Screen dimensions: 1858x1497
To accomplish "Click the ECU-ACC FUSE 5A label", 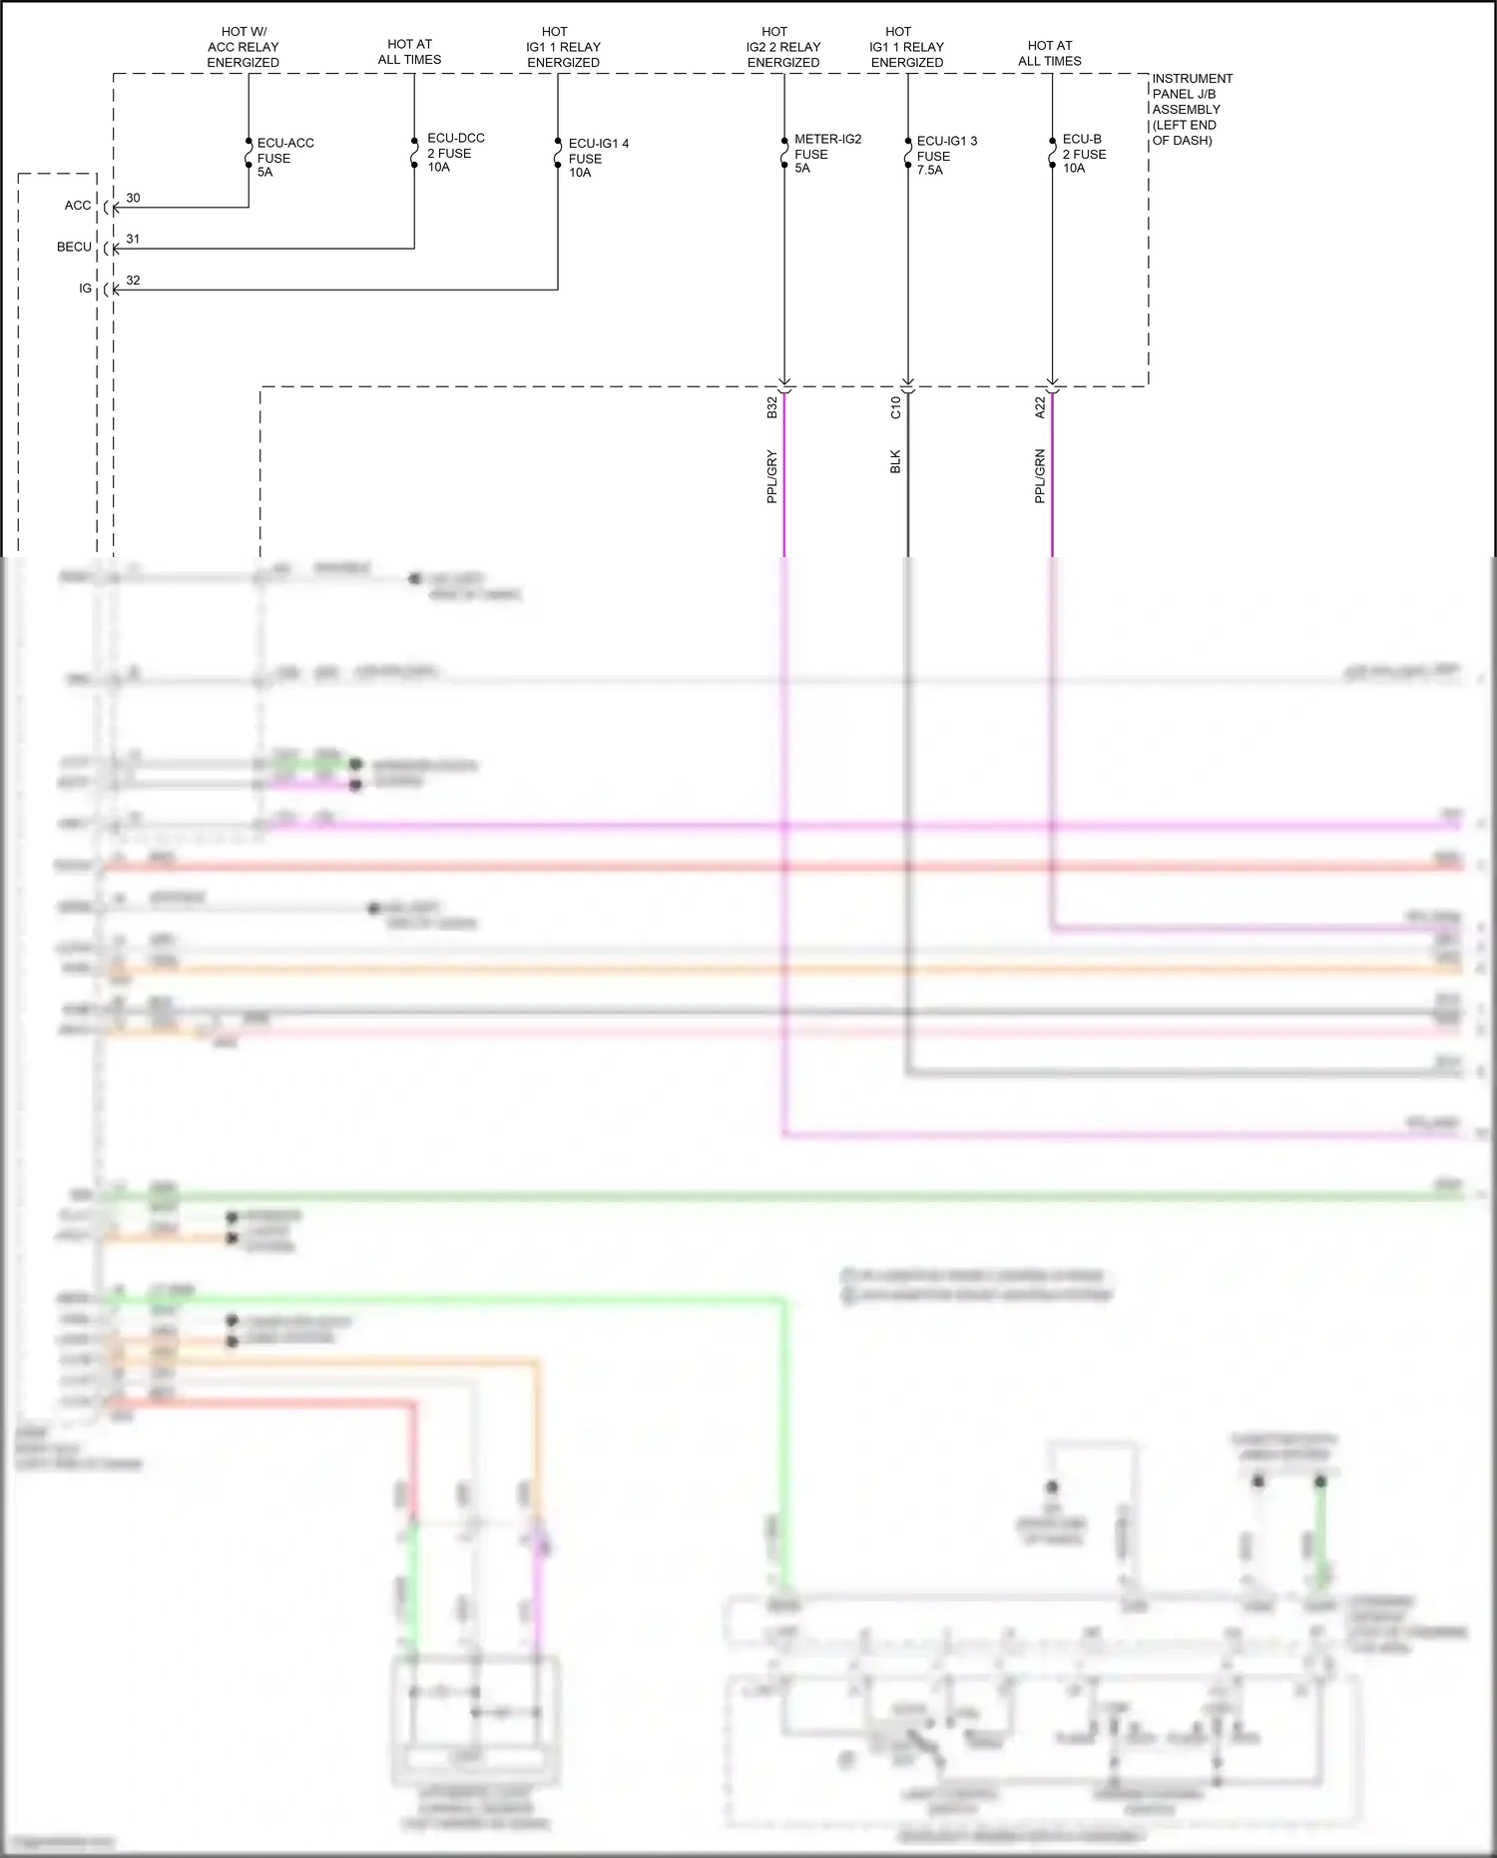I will (x=284, y=158).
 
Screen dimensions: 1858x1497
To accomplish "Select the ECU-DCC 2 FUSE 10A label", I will (x=455, y=153).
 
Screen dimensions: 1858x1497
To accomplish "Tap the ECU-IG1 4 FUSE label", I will (x=598, y=158).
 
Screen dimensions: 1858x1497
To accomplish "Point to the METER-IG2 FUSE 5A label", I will (x=826, y=154).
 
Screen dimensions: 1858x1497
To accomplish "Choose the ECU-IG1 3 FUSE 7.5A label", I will (x=946, y=156).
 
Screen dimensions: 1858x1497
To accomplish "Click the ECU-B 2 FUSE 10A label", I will (x=1084, y=154).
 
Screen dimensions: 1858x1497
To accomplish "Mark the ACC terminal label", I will (x=78, y=206).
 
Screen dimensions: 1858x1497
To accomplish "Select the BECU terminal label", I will (x=74, y=247).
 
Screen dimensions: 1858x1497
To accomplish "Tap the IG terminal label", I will (x=85, y=289).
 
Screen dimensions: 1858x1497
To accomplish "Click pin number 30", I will (x=133, y=198).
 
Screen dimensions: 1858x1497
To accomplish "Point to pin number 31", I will (x=133, y=240).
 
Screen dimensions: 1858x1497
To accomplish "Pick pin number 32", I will (x=133, y=281).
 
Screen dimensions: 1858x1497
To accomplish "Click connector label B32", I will (x=771, y=407).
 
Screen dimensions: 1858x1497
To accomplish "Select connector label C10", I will (x=895, y=407).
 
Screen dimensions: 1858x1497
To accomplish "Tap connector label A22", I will (x=1039, y=407).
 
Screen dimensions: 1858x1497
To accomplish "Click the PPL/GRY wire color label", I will (x=771, y=476).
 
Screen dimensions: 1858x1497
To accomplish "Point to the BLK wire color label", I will (x=895, y=461).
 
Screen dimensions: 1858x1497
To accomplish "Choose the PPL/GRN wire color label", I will (x=1039, y=476).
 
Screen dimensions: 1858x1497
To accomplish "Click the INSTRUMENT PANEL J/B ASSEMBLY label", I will (x=1192, y=109).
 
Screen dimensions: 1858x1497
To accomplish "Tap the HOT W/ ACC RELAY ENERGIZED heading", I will (x=243, y=47).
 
